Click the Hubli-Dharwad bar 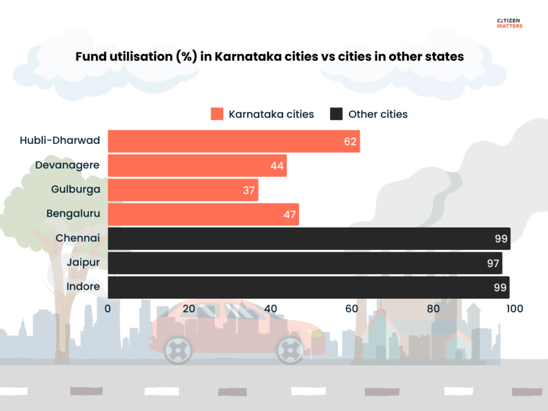233,141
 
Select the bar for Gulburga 183,190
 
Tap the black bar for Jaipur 305,263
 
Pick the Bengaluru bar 203,214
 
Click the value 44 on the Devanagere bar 277,166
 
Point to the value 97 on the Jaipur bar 493,263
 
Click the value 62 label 351,142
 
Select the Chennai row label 78,238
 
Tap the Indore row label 83,286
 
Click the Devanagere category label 67,165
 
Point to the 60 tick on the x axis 352,308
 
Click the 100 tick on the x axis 515,308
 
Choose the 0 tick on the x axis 108,308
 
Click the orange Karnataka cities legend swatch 217,114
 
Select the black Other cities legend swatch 336,114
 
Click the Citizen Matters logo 509,23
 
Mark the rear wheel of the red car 178,351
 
